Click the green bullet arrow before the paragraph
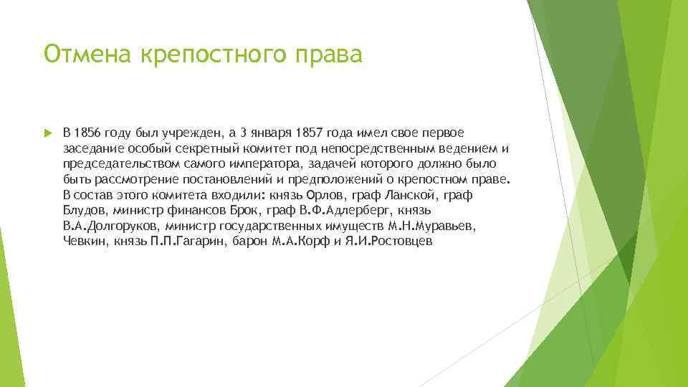pos(47,133)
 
